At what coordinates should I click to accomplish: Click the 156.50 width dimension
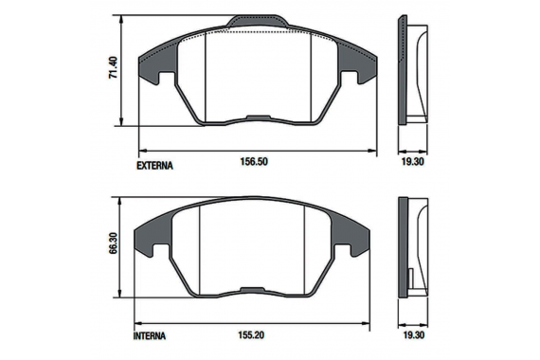pos(254,161)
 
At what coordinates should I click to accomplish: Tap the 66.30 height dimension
pos(113,243)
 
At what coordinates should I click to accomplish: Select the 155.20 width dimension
pos(251,334)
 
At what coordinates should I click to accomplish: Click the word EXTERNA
pos(154,166)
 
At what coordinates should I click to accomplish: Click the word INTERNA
pos(150,336)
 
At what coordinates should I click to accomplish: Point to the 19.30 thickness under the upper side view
pos(412,161)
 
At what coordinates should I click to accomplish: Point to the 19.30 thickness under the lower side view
pos(413,334)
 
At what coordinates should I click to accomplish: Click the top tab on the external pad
pos(258,21)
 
